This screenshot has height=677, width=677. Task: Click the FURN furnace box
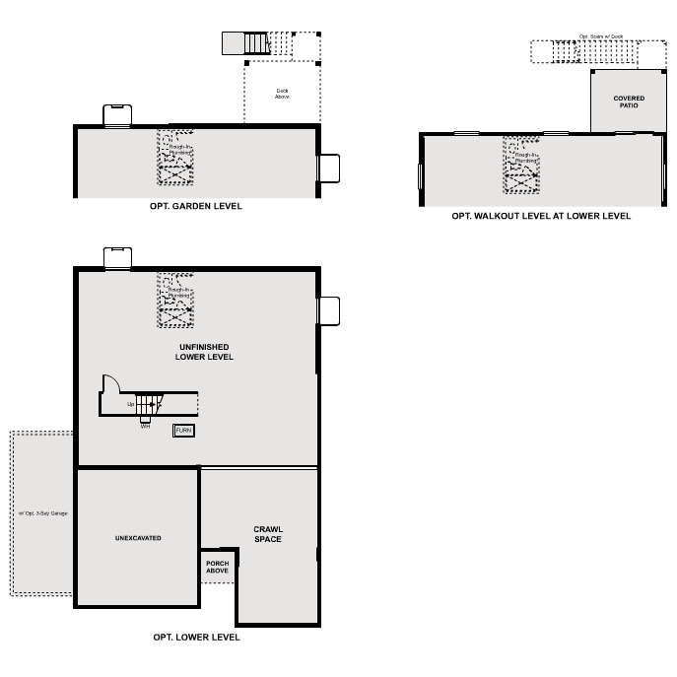183,431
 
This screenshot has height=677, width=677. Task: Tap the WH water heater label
145,426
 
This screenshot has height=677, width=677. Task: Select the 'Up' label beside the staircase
130,404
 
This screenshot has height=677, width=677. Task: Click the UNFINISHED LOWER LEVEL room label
204,352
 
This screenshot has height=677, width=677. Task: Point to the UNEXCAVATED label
138,538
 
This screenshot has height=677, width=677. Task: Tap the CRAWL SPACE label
267,534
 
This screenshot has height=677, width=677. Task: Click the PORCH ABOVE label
218,567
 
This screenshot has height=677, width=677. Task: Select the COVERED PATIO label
628,102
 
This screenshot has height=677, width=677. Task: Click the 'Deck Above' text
282,95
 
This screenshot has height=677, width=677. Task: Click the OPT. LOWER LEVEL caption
196,638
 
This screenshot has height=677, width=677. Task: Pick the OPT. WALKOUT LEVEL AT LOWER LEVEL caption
541,216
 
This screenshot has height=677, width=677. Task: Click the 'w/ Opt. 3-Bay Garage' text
42,513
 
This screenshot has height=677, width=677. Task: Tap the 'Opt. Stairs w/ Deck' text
600,35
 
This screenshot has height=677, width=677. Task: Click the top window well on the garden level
117,115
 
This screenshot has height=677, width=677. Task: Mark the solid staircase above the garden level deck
255,43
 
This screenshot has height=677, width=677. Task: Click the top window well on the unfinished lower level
117,256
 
